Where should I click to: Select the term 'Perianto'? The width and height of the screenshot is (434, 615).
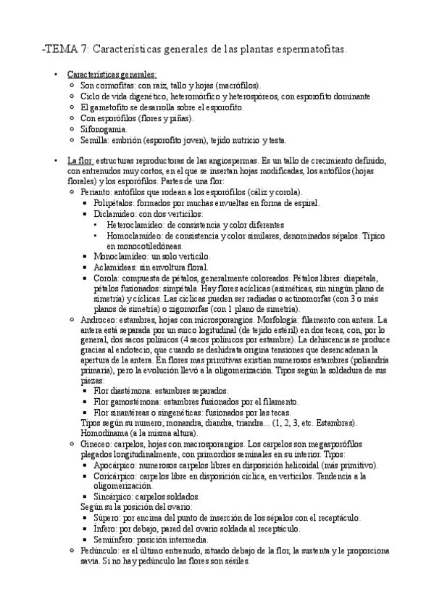tap(96, 194)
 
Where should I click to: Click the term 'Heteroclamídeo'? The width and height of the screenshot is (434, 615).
tap(133, 226)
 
